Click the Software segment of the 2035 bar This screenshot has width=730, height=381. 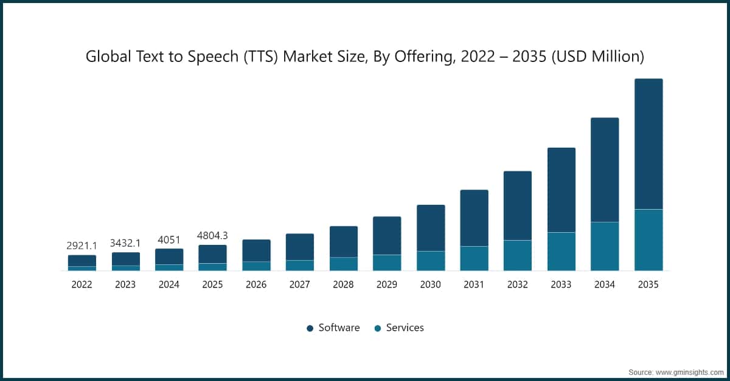[x=648, y=144]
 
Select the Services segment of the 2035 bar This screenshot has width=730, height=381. [x=648, y=240]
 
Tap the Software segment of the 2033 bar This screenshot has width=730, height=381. [x=561, y=190]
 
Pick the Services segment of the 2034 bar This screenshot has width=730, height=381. [x=605, y=246]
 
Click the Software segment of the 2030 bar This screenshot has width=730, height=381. [x=431, y=228]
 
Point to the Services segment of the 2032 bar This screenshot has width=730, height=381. [x=518, y=255]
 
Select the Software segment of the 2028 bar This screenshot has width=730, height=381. [x=344, y=242]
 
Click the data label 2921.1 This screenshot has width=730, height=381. [x=82, y=246]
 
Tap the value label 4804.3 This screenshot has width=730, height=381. [x=212, y=236]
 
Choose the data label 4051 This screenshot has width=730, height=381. [x=169, y=239]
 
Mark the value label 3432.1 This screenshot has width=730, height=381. [x=125, y=243]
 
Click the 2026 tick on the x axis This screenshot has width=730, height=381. [x=256, y=284]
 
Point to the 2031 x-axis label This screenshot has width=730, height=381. [x=474, y=284]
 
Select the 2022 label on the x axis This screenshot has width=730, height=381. [x=82, y=284]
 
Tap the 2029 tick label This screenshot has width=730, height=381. [x=387, y=284]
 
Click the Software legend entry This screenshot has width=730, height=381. [x=339, y=328]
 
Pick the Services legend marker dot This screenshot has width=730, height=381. [x=378, y=328]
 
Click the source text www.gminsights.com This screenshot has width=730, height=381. [x=690, y=371]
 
